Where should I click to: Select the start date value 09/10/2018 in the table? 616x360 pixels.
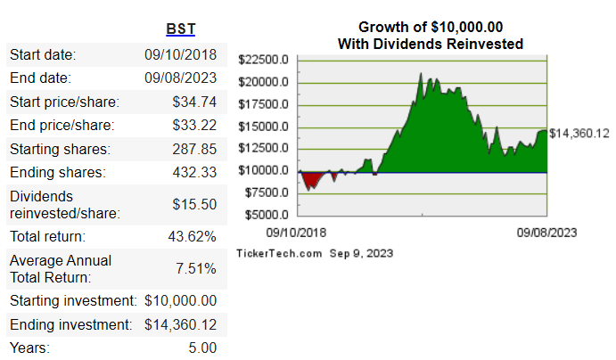[x=180, y=55]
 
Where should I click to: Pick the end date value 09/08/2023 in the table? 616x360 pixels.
[x=180, y=78]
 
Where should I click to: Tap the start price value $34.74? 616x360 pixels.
[x=195, y=102]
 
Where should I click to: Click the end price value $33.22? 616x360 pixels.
[x=195, y=125]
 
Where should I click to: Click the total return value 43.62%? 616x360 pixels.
[x=192, y=237]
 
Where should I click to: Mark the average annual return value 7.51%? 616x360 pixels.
[x=195, y=269]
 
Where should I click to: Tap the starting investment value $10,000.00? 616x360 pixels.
[x=180, y=300]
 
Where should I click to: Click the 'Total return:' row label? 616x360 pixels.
[x=47, y=237]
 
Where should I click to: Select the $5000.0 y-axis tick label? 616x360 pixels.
[x=266, y=215]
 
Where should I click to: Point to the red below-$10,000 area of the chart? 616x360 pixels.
[x=311, y=180]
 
